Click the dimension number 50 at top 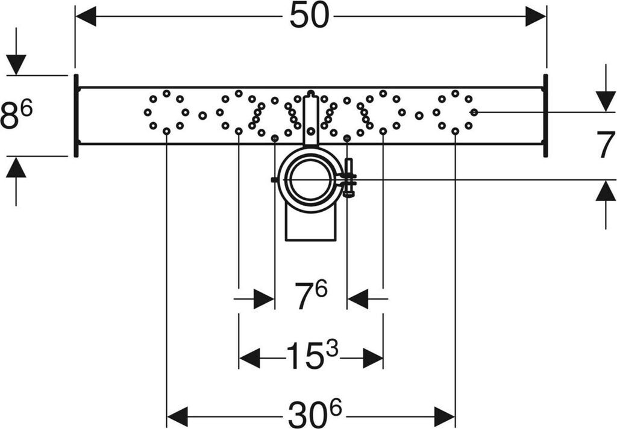click(x=309, y=16)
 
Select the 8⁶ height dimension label click(x=16, y=114)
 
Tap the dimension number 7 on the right click(x=606, y=146)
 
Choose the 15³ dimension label click(x=311, y=357)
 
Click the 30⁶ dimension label click(x=311, y=415)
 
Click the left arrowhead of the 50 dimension click(x=86, y=17)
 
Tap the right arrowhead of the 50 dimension click(x=536, y=17)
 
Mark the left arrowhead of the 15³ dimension click(x=249, y=359)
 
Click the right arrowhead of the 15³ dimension click(x=373, y=359)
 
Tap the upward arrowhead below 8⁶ click(x=16, y=167)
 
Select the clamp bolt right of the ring click(x=348, y=177)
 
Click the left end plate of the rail click(x=76, y=116)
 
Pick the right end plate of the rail click(x=545, y=116)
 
